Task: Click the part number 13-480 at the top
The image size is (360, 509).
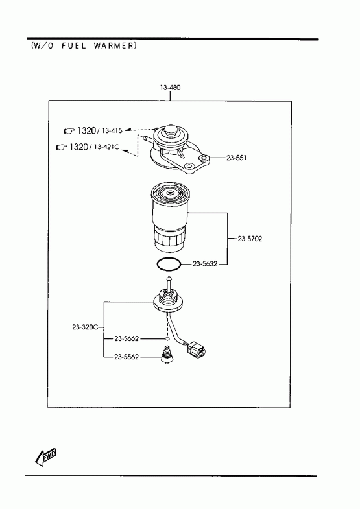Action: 170,88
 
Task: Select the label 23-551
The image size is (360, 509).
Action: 236,158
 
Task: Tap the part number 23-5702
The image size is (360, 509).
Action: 250,239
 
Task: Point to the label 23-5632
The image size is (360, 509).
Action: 205,264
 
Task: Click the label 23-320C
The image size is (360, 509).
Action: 85,327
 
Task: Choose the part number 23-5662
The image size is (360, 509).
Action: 126,338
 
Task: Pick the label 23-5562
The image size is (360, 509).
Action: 126,357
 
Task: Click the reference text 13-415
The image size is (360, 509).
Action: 112,130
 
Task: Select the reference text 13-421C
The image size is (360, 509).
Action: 106,147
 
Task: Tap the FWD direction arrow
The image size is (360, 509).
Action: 45,457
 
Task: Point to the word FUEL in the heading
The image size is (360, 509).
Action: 74,46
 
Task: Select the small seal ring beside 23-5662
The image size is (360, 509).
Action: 167,339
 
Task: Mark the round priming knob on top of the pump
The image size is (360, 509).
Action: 171,130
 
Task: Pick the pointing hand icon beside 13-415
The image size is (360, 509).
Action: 69,131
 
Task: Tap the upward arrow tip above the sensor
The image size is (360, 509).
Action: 169,276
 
